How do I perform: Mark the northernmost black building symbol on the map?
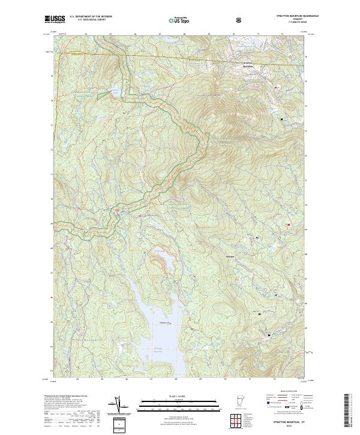[281, 120]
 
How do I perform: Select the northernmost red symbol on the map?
[277, 88]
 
